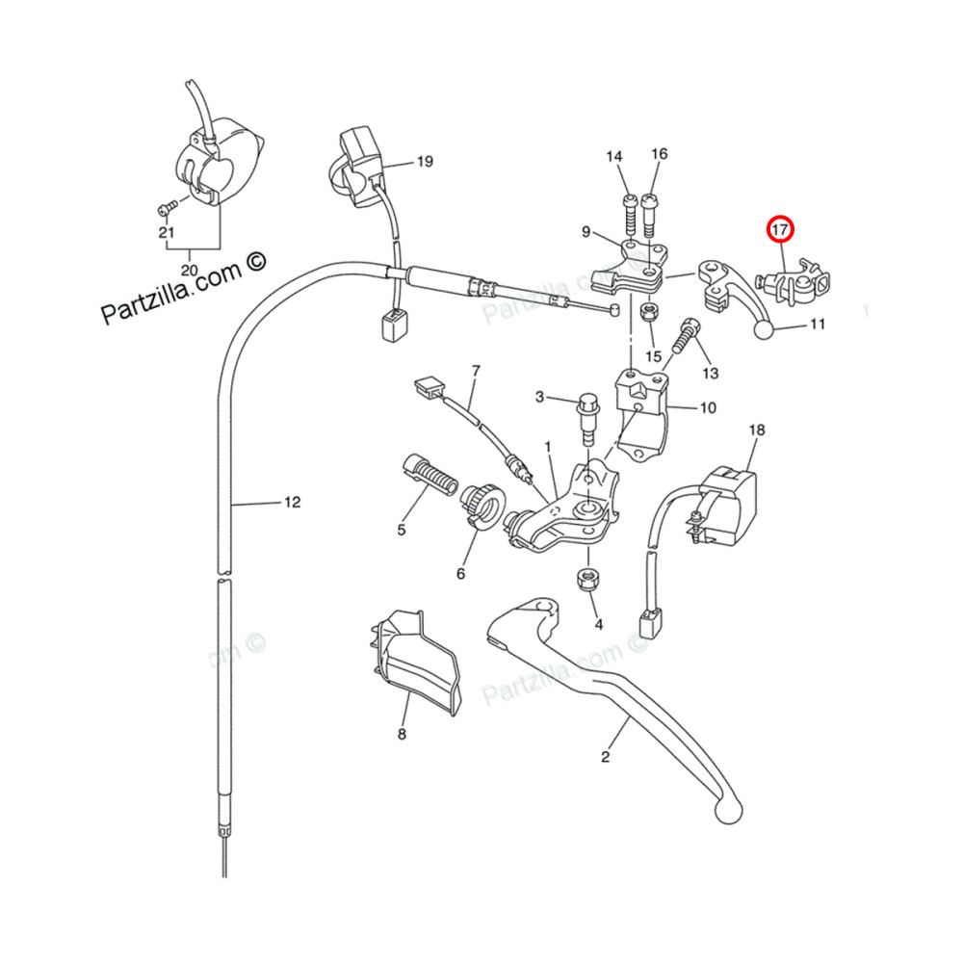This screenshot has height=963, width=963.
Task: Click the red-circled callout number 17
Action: (779, 230)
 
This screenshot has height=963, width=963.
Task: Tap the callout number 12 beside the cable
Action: (292, 502)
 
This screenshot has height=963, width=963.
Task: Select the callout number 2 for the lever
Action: (605, 757)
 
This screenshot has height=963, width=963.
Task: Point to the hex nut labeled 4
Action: (585, 580)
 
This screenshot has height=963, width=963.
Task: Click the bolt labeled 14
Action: (629, 213)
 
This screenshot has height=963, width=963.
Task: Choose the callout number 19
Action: (425, 162)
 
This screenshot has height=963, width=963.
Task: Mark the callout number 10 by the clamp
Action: (708, 407)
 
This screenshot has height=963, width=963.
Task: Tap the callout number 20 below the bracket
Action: (189, 270)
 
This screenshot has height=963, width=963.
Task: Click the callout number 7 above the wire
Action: (475, 371)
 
